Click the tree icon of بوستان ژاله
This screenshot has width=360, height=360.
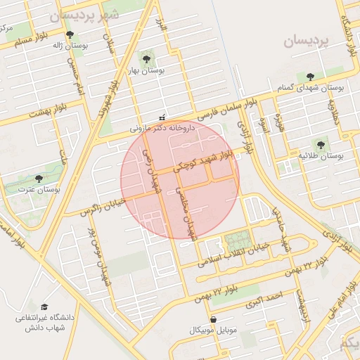tap(69, 34)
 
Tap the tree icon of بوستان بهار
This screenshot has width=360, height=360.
tap(146, 59)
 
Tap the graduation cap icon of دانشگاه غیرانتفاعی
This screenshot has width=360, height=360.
tap(44, 307)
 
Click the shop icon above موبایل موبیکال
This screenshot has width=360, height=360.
tap(213, 319)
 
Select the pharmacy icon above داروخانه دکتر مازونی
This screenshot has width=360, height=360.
tap(163, 118)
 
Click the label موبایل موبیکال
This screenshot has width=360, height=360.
tap(214, 330)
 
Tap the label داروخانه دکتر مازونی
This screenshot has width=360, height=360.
tap(172, 129)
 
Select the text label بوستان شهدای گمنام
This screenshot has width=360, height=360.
tap(321, 87)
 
